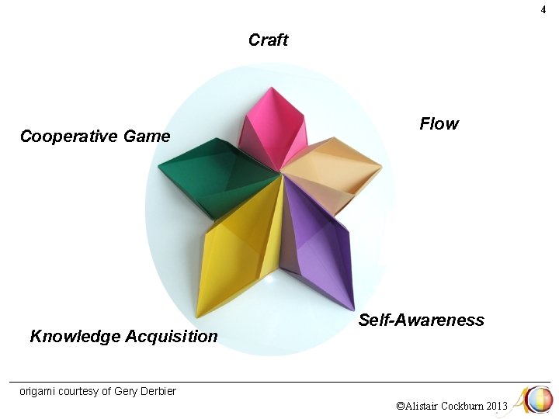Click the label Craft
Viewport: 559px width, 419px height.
269,40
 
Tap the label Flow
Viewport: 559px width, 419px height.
439,124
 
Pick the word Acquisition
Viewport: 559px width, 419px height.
172,337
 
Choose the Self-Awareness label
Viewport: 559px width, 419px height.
421,320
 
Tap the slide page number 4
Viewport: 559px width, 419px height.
543,10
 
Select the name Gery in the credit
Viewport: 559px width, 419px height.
126,391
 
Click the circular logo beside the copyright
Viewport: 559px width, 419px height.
538,400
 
